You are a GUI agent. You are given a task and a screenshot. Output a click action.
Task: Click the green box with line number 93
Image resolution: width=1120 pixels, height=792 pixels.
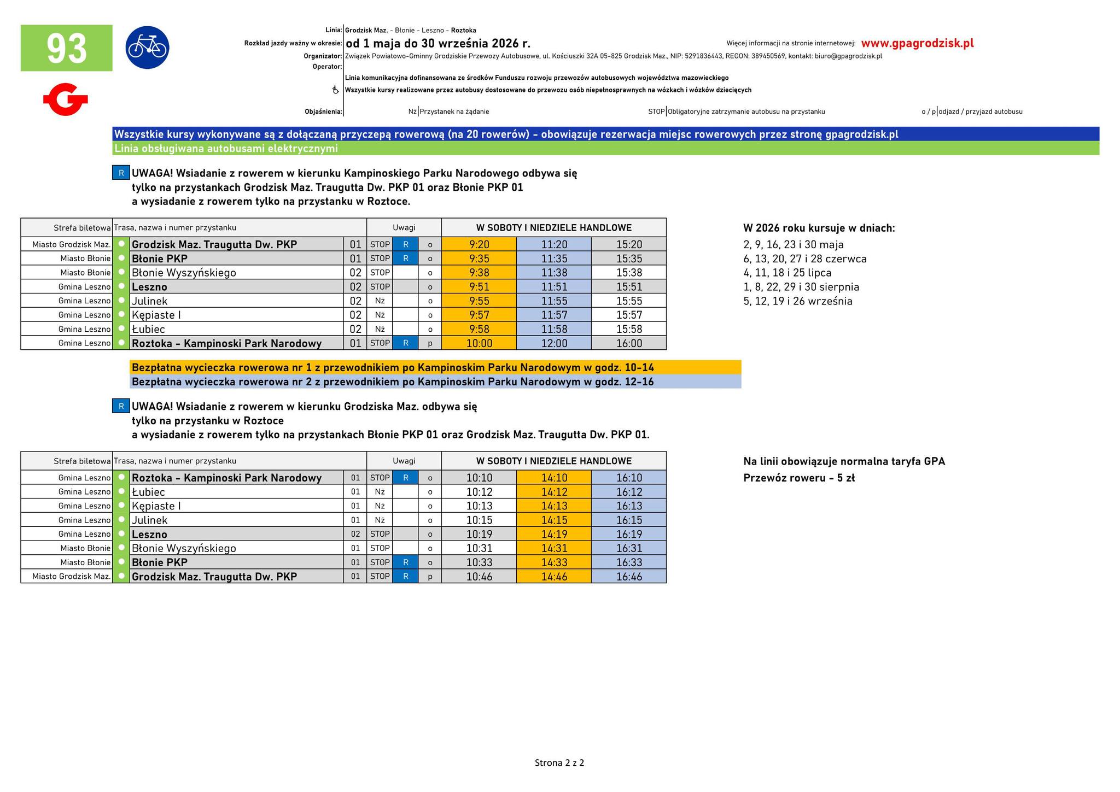[x=66, y=48]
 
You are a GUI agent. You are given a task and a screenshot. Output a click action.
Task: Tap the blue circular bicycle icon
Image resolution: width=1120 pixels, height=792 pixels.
[x=147, y=48]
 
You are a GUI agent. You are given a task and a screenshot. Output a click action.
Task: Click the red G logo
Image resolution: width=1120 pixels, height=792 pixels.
[x=66, y=99]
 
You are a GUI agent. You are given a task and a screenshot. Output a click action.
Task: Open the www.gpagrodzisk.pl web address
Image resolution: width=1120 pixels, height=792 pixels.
[x=917, y=43]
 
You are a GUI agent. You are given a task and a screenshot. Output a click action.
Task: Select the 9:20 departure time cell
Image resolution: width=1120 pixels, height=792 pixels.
[x=479, y=244]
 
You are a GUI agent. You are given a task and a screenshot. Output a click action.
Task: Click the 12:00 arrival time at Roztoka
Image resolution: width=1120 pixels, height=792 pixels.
[x=554, y=343]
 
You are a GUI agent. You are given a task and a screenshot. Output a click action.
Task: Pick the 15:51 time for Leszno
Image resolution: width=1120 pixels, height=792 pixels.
[x=629, y=287]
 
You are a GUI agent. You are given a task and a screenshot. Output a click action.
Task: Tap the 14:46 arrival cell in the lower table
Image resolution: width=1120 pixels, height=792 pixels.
[x=554, y=576]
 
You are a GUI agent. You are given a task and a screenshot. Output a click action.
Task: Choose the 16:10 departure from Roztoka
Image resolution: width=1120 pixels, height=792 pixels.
[x=629, y=478]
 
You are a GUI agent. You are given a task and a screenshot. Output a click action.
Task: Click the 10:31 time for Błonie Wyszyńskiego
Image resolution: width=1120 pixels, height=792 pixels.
[x=479, y=548]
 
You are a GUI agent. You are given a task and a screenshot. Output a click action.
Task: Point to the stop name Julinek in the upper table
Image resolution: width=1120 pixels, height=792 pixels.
[x=150, y=301]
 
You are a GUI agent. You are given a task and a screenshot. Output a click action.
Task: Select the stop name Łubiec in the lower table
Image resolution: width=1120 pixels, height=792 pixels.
[x=148, y=492]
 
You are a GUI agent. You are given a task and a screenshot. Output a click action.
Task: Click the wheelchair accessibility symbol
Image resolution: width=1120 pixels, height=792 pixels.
[x=336, y=90]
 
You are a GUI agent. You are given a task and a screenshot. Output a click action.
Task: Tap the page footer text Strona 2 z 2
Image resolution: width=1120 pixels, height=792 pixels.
[x=559, y=762]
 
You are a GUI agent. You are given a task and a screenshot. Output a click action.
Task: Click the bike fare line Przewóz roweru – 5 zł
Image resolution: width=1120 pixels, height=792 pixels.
[x=798, y=478]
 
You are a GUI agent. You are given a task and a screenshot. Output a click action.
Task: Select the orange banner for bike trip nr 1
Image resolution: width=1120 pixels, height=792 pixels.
[x=435, y=367]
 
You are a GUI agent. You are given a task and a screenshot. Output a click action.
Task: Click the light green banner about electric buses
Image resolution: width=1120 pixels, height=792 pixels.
[x=605, y=149]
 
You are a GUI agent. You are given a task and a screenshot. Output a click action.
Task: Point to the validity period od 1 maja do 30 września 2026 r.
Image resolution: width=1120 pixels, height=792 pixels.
[x=438, y=43]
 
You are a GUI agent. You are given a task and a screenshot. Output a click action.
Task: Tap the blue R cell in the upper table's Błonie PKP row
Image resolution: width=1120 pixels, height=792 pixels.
[x=405, y=259]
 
